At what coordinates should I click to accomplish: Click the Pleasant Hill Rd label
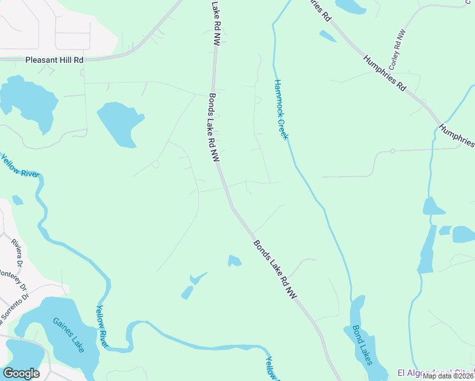(x=55, y=60)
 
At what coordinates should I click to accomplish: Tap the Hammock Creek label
(x=282, y=109)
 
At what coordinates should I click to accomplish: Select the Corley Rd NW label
(x=397, y=50)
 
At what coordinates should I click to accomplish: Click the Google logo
(x=21, y=373)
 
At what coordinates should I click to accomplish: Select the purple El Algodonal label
(x=435, y=371)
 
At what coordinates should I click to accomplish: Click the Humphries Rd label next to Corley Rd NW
(x=384, y=74)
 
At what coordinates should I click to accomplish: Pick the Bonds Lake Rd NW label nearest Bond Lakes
(x=275, y=269)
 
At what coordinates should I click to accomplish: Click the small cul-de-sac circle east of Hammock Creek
(x=392, y=151)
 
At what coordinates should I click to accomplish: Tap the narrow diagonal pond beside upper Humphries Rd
(x=328, y=36)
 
